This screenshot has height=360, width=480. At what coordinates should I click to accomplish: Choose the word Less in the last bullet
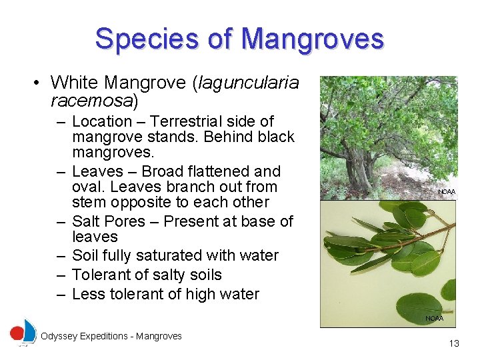point(89,294)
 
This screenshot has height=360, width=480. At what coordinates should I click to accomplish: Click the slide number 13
point(454,343)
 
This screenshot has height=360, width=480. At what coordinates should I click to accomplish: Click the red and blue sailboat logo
point(24,332)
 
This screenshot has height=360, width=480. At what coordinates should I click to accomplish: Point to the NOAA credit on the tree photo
point(447,192)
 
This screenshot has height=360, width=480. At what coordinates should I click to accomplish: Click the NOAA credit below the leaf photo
point(434,319)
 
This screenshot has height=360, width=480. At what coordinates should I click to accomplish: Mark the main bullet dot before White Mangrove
point(38,83)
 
